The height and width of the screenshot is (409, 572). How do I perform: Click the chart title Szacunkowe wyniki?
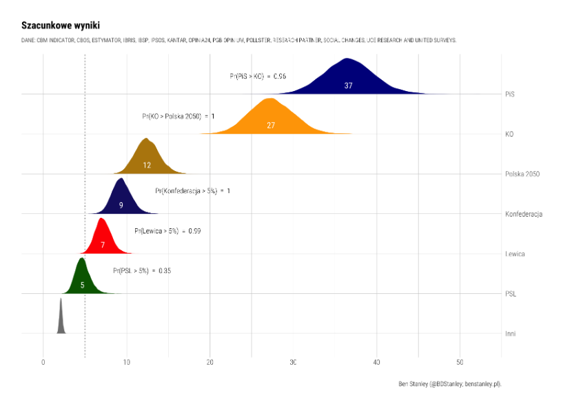tap(61, 26)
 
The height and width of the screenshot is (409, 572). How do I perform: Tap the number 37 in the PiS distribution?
tap(348, 86)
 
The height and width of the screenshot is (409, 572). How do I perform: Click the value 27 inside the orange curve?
tap(271, 126)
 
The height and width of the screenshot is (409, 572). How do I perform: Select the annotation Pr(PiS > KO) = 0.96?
tap(258, 77)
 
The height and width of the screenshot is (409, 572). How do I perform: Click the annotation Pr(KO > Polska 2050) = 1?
tap(178, 117)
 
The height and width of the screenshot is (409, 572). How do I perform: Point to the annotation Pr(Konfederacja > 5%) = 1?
tap(192, 191)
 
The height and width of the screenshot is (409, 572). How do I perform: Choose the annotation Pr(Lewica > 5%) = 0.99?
tap(167, 231)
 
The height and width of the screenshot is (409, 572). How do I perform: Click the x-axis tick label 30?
tap(293, 362)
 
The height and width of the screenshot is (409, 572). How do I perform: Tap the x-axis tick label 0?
tap(43, 362)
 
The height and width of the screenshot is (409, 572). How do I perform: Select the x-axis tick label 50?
tap(460, 362)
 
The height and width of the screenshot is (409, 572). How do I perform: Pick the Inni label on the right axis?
tap(510, 334)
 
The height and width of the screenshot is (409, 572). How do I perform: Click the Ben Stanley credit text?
tap(449, 383)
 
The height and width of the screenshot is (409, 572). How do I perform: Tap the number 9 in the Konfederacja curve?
tap(121, 205)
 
